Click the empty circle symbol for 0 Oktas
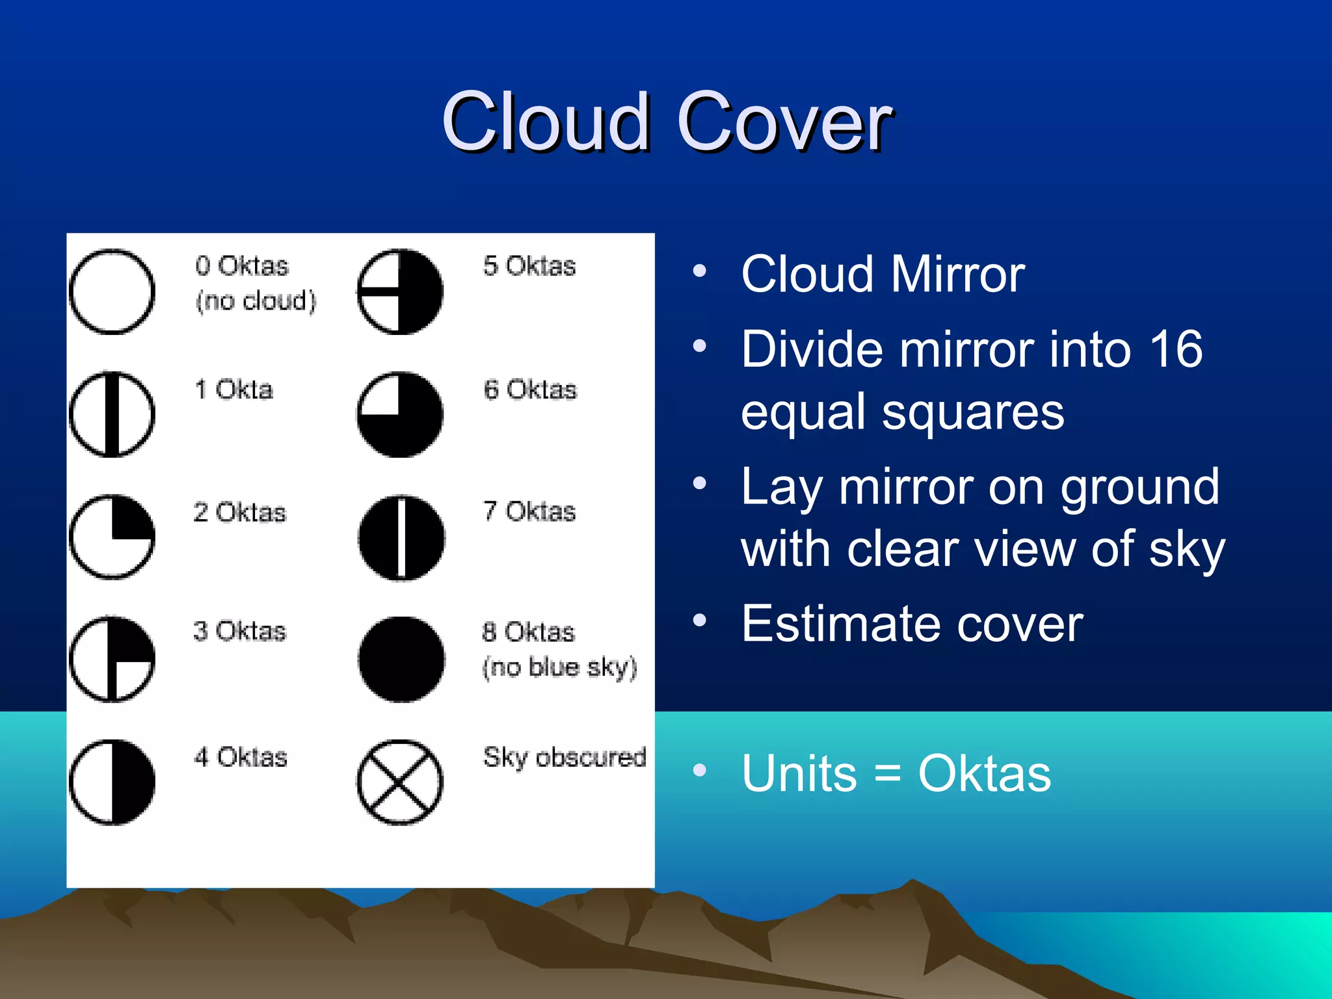click(x=112, y=291)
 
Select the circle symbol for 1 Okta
click(x=112, y=414)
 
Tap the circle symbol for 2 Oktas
click(x=112, y=537)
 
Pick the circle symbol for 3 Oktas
click(x=112, y=658)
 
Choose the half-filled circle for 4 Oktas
click(x=112, y=782)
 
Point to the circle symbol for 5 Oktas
click(x=400, y=291)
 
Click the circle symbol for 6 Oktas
click(x=400, y=414)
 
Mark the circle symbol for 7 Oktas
click(x=401, y=538)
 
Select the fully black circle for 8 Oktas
click(x=401, y=659)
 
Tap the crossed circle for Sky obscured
click(x=400, y=782)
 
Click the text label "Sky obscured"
click(x=565, y=758)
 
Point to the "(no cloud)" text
click(x=256, y=301)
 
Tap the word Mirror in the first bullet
click(x=958, y=274)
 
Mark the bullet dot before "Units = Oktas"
click(x=700, y=771)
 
